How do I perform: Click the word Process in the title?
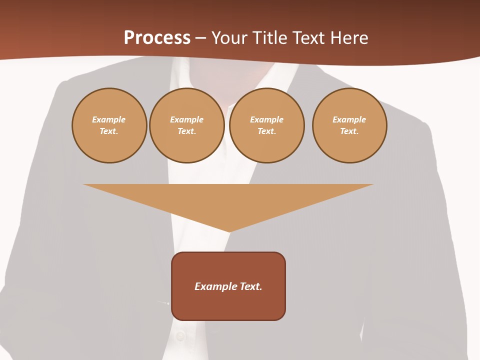tap(157, 38)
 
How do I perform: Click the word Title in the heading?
tap(268, 38)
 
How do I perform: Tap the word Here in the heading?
tap(349, 38)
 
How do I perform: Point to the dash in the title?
tap(200, 38)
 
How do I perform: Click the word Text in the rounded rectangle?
tap(251, 286)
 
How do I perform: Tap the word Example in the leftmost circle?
tap(109, 119)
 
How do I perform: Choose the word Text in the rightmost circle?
tap(349, 131)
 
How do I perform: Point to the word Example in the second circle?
tap(187, 119)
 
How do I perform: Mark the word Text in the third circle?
tap(266, 131)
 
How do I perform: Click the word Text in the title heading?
tap(308, 38)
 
